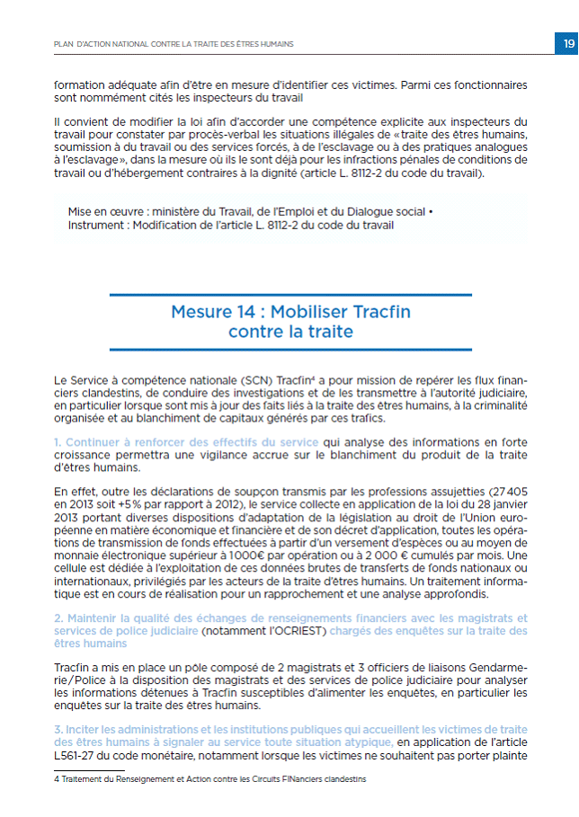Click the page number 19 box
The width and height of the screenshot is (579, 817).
pos(566,43)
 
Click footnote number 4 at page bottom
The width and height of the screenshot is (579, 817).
pos(57,779)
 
